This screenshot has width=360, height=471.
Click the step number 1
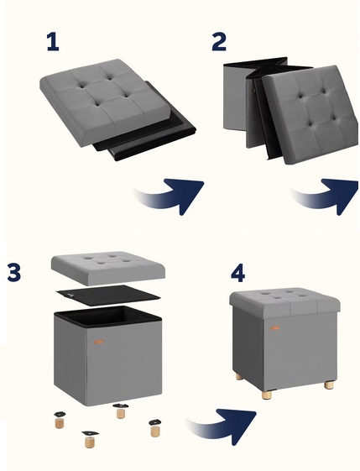tap(53, 42)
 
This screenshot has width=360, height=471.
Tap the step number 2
tap(219, 42)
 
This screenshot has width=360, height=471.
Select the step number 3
tap(14, 273)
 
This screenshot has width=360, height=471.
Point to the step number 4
tap(237, 274)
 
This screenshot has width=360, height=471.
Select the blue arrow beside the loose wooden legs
tap(224, 425)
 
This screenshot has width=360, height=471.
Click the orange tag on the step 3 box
tap(98, 342)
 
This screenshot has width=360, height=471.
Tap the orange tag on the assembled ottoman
tap(274, 328)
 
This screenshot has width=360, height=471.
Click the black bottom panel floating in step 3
tap(108, 296)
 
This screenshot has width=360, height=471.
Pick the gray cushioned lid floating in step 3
tap(108, 268)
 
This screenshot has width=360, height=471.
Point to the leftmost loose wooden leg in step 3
tap(60, 420)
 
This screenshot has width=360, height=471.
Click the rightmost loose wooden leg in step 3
tap(155, 428)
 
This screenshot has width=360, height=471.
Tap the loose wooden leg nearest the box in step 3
tap(121, 411)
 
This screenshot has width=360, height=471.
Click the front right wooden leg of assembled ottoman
tap(329, 385)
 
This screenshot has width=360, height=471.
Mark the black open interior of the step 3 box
tap(108, 316)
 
